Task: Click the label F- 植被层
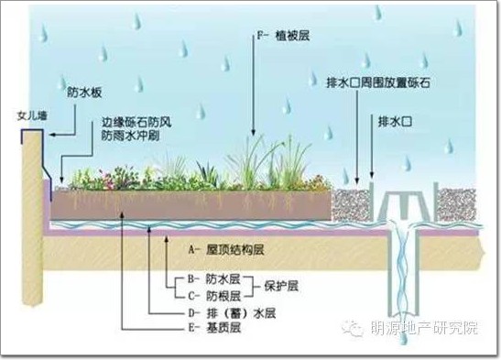pyautogui.click(x=284, y=36)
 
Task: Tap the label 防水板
pyautogui.click(x=84, y=93)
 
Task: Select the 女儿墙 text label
pyautogui.click(x=32, y=115)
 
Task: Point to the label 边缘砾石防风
pyautogui.click(x=136, y=123)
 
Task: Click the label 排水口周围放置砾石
pyautogui.click(x=378, y=83)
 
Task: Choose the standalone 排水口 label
pyautogui.click(x=395, y=122)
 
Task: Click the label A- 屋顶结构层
pyautogui.click(x=226, y=249)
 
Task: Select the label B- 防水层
pyautogui.click(x=213, y=279)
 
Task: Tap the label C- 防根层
pyautogui.click(x=214, y=296)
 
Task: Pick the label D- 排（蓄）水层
pyautogui.click(x=232, y=313)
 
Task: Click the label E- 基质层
pyautogui.click(x=214, y=328)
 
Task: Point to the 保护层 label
pyautogui.click(x=281, y=286)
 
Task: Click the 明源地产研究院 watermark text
pyautogui.click(x=424, y=327)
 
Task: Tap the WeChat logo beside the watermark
pyautogui.click(x=353, y=328)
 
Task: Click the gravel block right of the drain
pyautogui.click(x=456, y=204)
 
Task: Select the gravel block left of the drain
pyautogui.click(x=352, y=204)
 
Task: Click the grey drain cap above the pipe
pyautogui.click(x=404, y=204)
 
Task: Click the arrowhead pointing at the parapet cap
pyautogui.click(x=53, y=135)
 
